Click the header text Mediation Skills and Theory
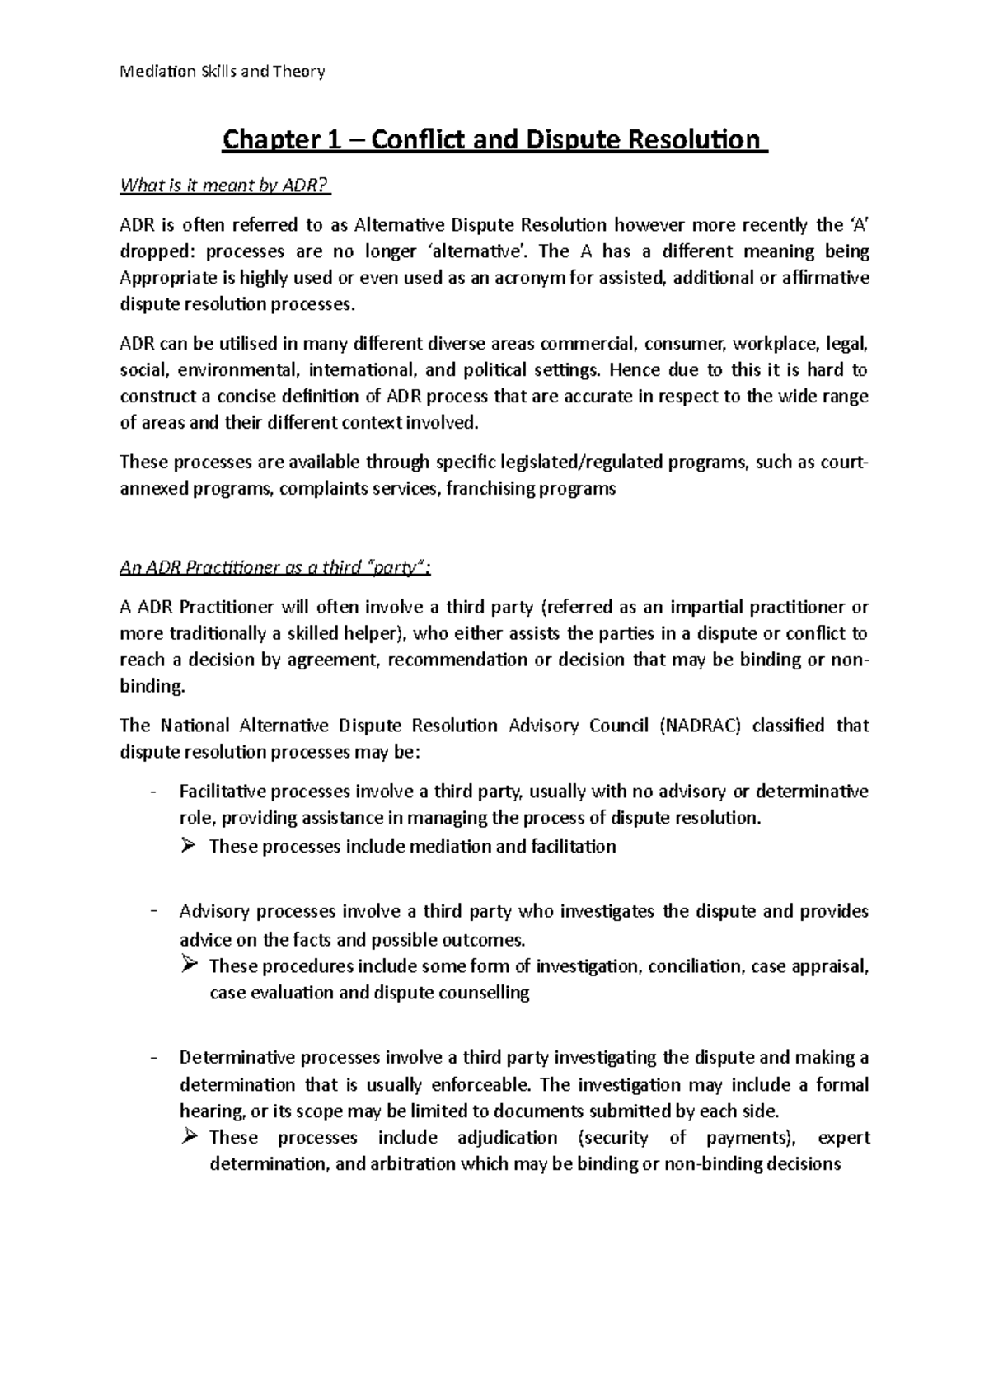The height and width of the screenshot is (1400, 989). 223,72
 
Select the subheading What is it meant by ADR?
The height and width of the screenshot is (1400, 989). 224,186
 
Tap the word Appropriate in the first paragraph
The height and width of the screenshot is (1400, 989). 165,278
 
